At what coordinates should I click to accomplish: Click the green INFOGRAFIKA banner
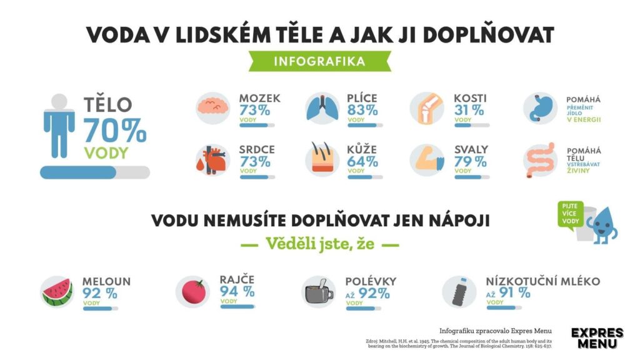click(x=319, y=62)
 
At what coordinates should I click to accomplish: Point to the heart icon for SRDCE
click(x=213, y=161)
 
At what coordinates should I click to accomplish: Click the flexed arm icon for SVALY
click(x=427, y=161)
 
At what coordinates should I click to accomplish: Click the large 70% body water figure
click(x=115, y=130)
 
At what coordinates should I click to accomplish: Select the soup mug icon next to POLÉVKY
click(x=319, y=291)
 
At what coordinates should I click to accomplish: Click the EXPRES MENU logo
click(x=597, y=338)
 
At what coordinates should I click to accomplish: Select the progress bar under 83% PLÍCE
click(x=365, y=124)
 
